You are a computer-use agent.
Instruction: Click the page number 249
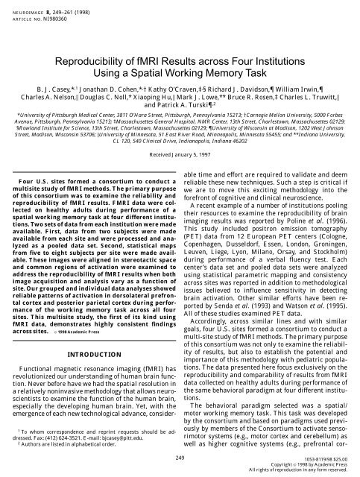(x=180, y=454)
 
